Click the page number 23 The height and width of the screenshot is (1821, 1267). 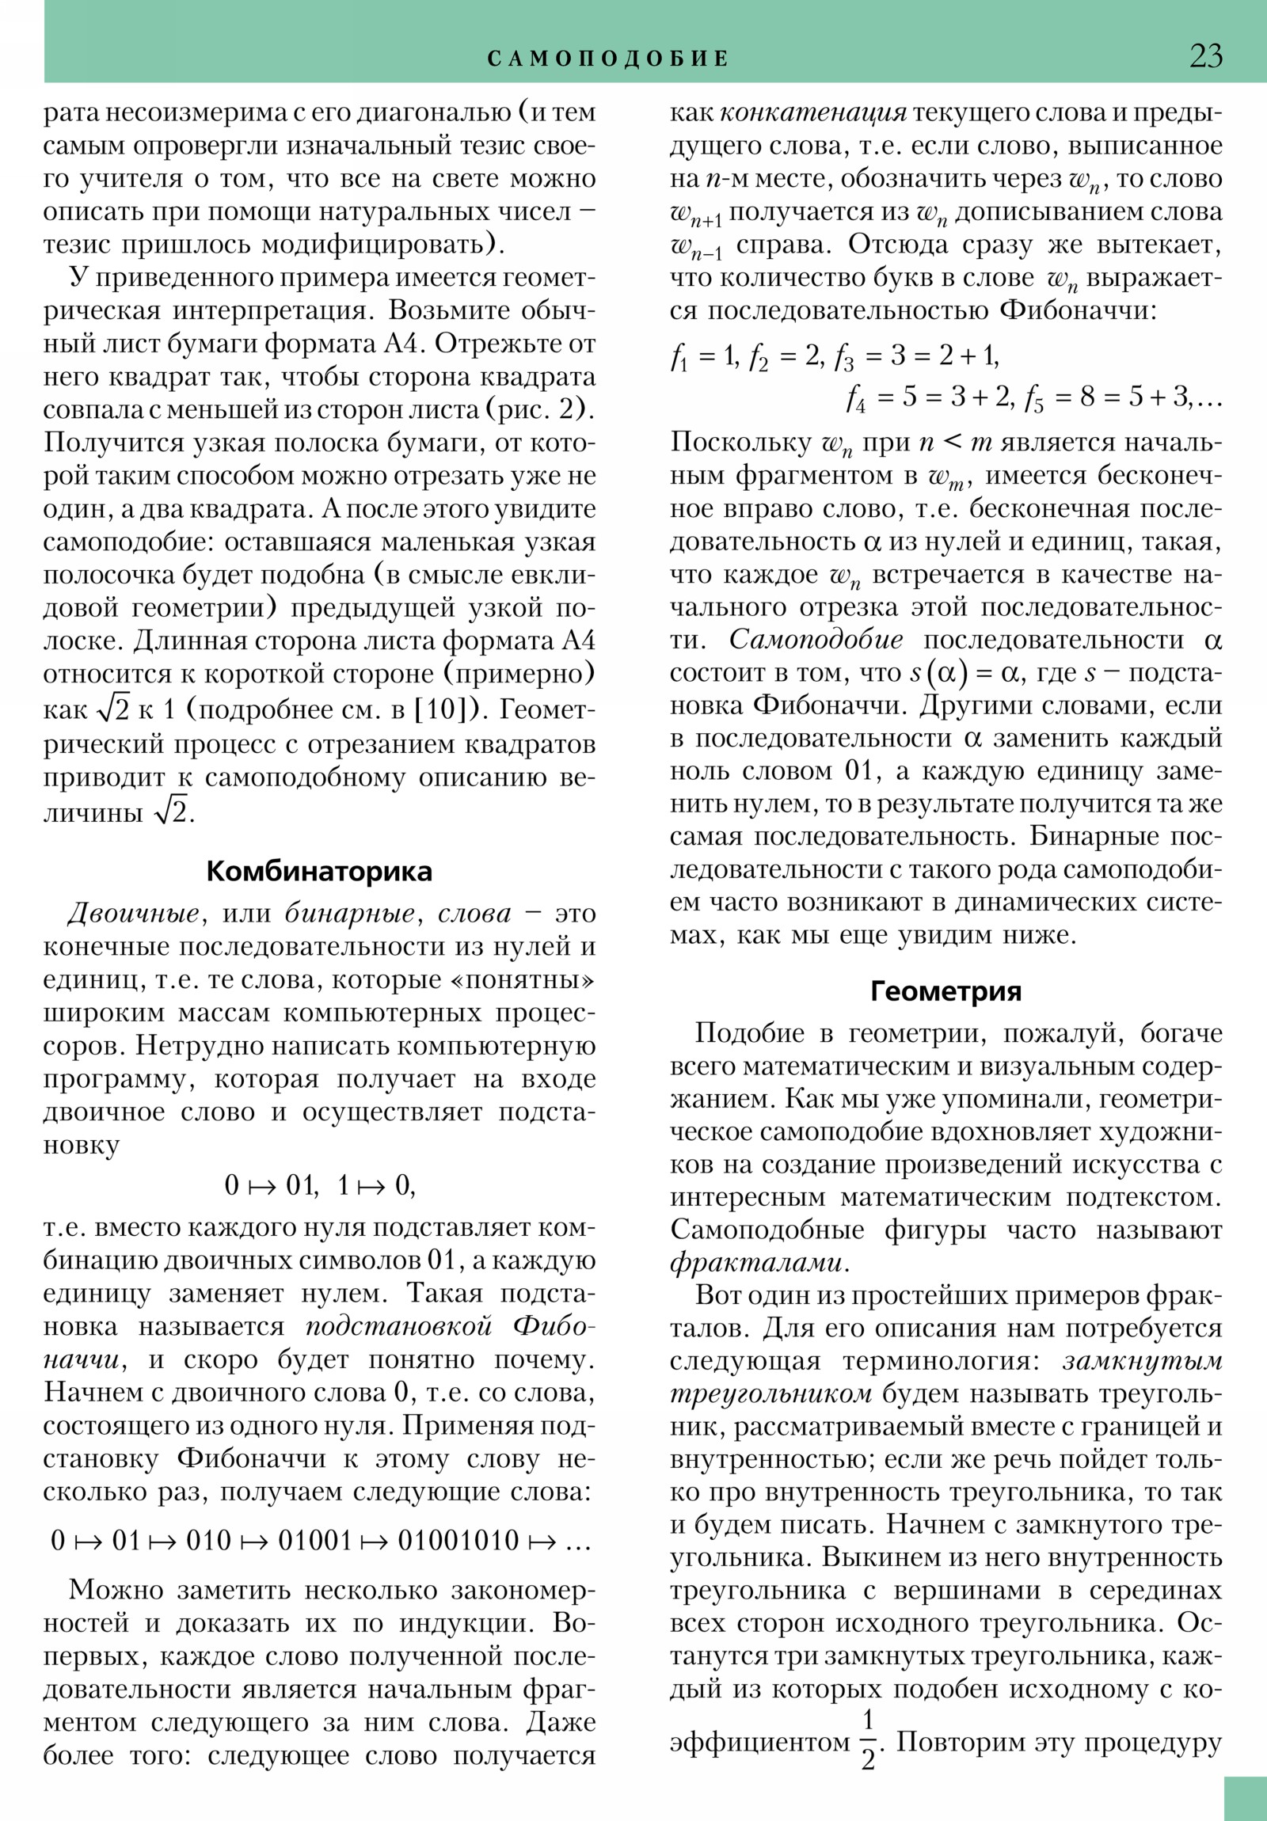point(1205,56)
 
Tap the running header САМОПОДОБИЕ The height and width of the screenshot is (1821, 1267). point(607,59)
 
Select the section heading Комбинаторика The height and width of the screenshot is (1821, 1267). point(319,872)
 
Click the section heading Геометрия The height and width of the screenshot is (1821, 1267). point(945,991)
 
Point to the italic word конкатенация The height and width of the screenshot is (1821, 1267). point(812,113)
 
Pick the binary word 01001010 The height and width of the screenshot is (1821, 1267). point(458,1540)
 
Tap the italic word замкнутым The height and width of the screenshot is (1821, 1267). point(1142,1361)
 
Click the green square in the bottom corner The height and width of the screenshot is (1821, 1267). point(1245,1798)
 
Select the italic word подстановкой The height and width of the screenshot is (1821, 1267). point(399,1326)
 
